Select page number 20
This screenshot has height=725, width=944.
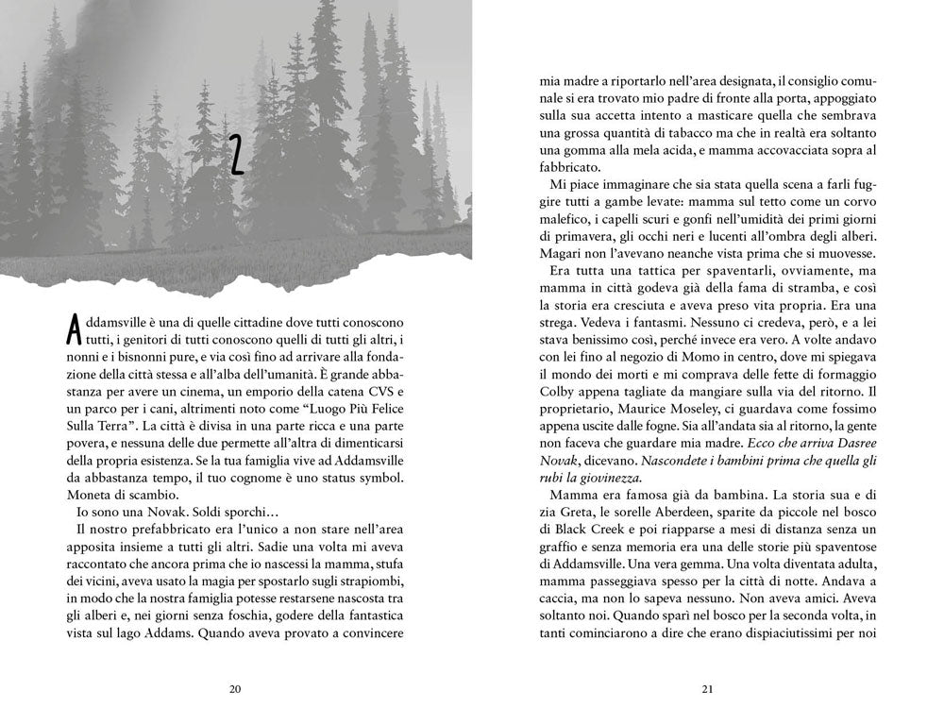tap(236, 688)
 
